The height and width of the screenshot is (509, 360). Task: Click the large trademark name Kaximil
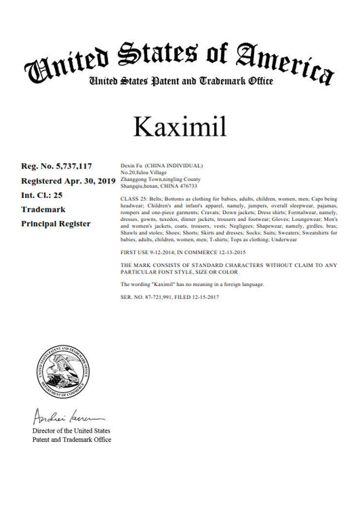click(x=180, y=127)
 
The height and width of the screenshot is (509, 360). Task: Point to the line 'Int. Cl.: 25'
click(x=42, y=195)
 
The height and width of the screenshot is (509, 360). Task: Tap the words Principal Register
click(x=56, y=224)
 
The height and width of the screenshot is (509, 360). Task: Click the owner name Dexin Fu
click(x=129, y=166)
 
